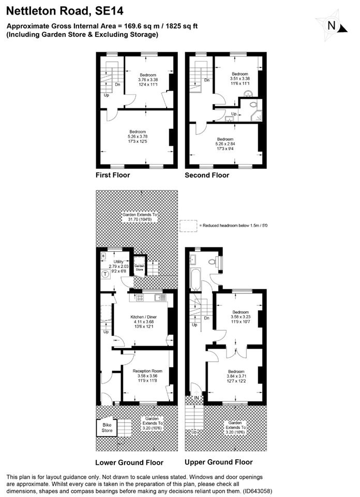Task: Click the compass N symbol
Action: click(x=332, y=25)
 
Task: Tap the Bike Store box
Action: click(x=107, y=428)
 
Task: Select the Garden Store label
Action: click(x=139, y=268)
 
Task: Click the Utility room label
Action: click(x=118, y=261)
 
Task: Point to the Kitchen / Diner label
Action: click(x=143, y=317)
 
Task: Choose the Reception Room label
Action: click(x=147, y=371)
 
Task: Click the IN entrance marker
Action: click(x=197, y=398)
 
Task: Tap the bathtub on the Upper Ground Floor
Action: click(x=196, y=279)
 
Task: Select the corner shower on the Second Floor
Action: click(x=257, y=116)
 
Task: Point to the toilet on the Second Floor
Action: click(x=253, y=104)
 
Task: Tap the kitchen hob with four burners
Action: click(x=140, y=297)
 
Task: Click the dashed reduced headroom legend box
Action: click(x=188, y=226)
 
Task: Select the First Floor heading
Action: click(x=113, y=175)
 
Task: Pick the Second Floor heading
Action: click(x=207, y=175)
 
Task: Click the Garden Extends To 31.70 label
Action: click(x=140, y=217)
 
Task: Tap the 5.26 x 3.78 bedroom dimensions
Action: click(x=138, y=137)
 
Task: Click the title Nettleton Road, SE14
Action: click(x=65, y=11)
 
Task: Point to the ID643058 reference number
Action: click(x=258, y=491)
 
